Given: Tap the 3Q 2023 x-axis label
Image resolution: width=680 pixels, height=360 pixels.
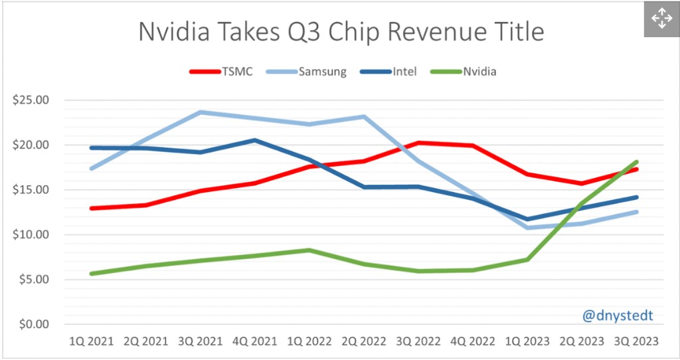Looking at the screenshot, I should tap(636, 341).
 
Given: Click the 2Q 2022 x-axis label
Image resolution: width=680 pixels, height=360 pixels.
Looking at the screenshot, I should tap(365, 341).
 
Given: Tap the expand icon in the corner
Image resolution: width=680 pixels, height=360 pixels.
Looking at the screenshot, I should tap(661, 18).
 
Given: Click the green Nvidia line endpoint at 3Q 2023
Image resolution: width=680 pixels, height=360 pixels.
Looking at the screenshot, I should tap(636, 162).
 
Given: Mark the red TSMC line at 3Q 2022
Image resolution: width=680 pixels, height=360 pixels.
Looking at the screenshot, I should tap(419, 143).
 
